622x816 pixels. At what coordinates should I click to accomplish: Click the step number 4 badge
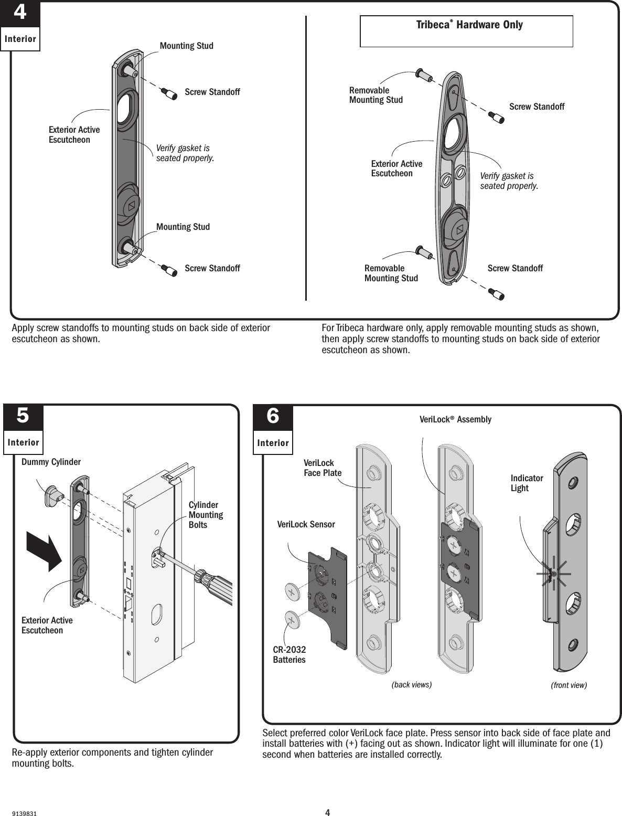pos(20,13)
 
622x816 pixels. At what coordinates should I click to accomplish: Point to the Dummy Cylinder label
pos(51,462)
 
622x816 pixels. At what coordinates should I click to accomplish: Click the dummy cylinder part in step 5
pos(54,495)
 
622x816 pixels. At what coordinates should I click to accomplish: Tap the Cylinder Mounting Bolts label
pos(206,515)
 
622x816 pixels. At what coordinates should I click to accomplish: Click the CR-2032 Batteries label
pos(289,654)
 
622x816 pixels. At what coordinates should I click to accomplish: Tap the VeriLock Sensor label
pos(305,524)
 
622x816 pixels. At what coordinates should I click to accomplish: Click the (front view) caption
pos(569,685)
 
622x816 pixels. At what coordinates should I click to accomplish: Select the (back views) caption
pos(412,684)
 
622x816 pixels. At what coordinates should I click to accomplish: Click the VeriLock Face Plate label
pos(322,468)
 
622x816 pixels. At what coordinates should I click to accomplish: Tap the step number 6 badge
pos(273,417)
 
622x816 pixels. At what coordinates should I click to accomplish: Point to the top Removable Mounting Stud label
pos(376,95)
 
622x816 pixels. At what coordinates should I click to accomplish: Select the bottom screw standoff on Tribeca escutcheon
pos(496,293)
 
